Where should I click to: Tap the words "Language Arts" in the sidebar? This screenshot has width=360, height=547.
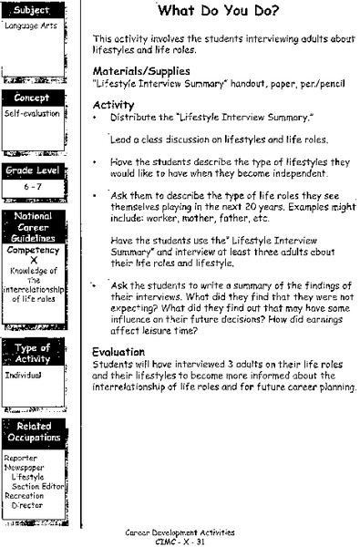point(27,26)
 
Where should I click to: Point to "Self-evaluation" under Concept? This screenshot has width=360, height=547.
point(32,114)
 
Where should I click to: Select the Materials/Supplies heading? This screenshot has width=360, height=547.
point(142,70)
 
